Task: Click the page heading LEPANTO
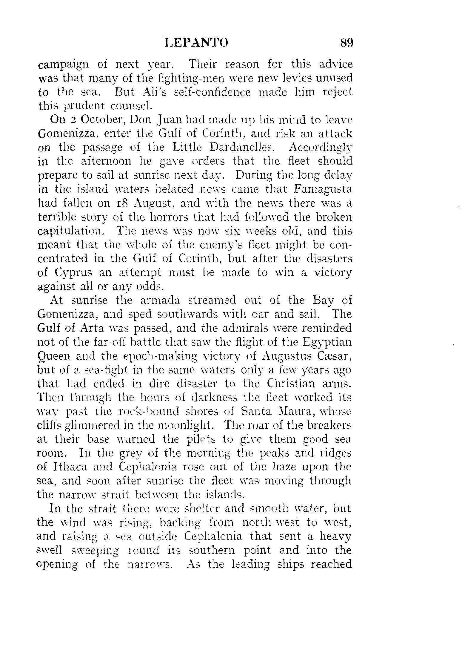tap(196, 43)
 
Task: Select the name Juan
tap(169, 120)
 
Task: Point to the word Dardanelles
tap(241, 147)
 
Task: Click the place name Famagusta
tap(323, 189)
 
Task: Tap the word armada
tap(153, 300)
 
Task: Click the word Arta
tap(92, 328)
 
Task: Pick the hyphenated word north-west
tap(270, 522)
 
